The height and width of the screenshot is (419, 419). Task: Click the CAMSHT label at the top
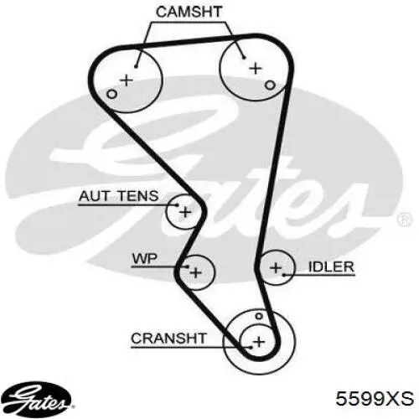pos(189,12)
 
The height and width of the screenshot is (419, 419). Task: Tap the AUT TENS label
pos(119,196)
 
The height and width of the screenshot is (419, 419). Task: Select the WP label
pos(145,259)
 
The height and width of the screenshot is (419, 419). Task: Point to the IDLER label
pos(331,266)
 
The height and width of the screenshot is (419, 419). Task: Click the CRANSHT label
pos(168,339)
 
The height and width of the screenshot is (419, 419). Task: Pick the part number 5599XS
pos(375,398)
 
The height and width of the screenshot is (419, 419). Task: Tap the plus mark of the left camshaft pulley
pos(127,80)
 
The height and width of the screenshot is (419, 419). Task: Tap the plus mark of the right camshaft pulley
pos(256,68)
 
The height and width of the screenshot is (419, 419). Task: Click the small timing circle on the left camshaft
pos(111,94)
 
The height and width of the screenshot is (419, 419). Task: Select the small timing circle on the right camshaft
pos(270,85)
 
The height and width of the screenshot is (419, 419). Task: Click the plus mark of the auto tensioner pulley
pos(185,212)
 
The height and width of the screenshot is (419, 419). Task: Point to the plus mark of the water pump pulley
pos(195,272)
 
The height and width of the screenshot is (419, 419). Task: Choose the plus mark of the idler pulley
pos(276,268)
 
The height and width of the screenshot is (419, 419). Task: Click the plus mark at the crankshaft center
pos(259,342)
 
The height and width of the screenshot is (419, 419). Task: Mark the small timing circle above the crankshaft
pos(259,316)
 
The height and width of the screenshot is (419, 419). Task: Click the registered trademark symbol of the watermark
pos(405,220)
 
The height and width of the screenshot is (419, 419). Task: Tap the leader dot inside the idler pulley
pos(284,275)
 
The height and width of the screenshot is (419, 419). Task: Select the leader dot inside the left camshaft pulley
pos(136,66)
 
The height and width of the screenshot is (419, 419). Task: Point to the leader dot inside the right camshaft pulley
pos(244,58)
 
